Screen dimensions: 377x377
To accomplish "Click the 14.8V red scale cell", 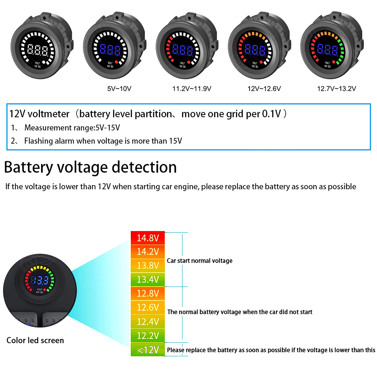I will tap(148, 238).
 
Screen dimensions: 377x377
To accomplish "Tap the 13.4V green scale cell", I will tap(148, 279).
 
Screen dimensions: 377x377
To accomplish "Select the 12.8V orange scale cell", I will tap(148, 294).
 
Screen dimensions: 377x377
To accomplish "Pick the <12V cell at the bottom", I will tap(148, 350).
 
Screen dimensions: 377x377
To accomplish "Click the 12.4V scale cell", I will tap(148, 322).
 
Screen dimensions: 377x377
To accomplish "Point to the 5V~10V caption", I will tap(119, 89).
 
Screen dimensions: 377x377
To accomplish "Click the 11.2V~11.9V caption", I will tap(192, 89).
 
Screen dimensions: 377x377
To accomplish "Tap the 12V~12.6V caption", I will tap(264, 89).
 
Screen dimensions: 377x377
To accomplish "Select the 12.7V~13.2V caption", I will tap(337, 89).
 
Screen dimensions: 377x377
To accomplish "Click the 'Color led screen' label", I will tap(35, 340).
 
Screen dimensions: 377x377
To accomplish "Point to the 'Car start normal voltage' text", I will tap(200, 261).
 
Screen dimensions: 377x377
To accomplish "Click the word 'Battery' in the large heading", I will tap(29, 167).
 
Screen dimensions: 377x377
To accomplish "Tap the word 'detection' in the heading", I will tap(144, 167).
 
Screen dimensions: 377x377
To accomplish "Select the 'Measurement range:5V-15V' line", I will tap(72, 128).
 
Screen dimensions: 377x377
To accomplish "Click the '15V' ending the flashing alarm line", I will tap(175, 141).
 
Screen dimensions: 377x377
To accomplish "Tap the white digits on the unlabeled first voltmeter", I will tap(38, 50).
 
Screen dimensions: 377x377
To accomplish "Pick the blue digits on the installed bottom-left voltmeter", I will tap(39, 280).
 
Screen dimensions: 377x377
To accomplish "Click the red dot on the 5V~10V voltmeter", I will tap(117, 62).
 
